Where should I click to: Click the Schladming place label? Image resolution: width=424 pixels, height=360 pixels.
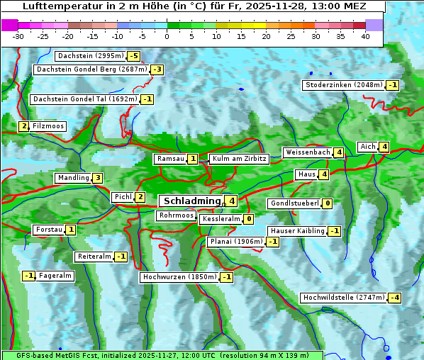pos(190,201)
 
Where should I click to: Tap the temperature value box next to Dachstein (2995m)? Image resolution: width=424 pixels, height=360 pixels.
pos(133,56)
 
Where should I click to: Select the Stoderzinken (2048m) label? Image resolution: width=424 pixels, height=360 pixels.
pos(343,85)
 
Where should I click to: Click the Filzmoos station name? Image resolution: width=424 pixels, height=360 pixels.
pos(48,126)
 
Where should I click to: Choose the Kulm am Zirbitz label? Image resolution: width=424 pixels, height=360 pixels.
pos(239,159)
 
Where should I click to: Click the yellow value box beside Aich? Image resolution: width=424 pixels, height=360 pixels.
pos(384,147)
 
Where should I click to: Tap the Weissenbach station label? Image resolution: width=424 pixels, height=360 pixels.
pos(308,152)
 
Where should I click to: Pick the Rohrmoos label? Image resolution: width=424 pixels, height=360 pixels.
pos(176,215)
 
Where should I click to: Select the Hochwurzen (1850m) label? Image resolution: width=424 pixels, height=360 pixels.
pos(179,277)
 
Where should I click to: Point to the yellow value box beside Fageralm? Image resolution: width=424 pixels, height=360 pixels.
pos(29,276)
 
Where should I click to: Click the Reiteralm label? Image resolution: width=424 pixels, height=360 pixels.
pos(94,257)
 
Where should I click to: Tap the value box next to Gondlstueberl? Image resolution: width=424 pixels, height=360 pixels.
pos(327,203)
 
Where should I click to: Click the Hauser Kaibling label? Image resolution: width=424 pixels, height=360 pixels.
pos(297,231)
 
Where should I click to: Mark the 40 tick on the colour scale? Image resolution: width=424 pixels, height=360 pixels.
pos(365,36)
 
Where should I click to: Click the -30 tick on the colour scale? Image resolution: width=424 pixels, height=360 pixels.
pos(18,36)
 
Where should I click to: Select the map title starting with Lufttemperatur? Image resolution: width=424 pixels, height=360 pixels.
pos(194,6)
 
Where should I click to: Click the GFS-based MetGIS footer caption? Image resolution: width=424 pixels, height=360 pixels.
pos(162,354)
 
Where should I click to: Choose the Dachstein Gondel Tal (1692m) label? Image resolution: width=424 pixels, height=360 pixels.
pos(84,99)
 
